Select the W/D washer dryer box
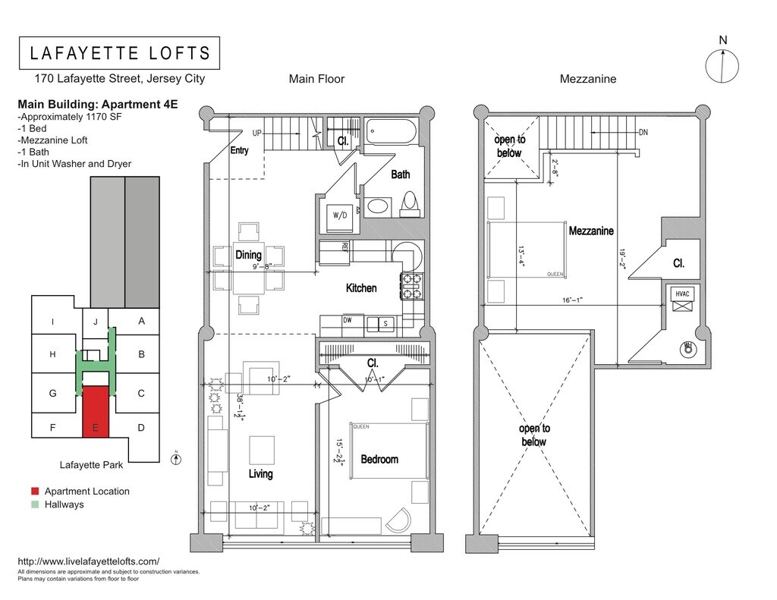click(x=338, y=215)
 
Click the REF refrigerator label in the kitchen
click(x=344, y=247)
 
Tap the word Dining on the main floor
click(x=249, y=255)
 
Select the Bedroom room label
click(x=379, y=459)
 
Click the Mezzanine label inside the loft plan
click(x=591, y=231)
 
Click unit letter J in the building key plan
click(x=96, y=321)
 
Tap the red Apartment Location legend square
click(x=24, y=492)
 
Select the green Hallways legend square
click(x=24, y=504)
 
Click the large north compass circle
click(x=722, y=66)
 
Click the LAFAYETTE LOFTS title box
click(x=119, y=53)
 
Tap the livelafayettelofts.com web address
click(x=88, y=561)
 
